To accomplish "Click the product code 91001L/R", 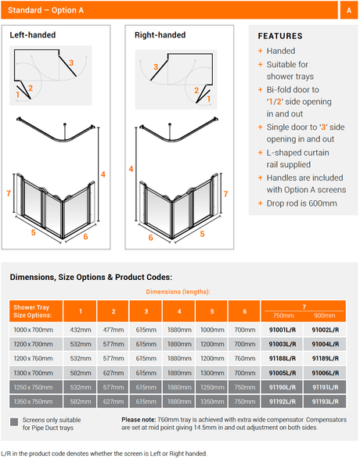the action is tap(283, 330).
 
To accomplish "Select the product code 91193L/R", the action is tap(326, 402).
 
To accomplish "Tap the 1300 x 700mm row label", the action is tap(34, 373).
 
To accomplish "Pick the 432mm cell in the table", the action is tap(81, 330).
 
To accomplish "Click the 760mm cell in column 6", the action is tap(244, 358).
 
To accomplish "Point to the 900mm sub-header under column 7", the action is tap(324, 316).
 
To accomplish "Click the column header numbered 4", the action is tap(179, 311).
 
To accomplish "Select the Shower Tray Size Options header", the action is tap(32, 311).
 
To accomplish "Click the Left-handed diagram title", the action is tap(33, 35).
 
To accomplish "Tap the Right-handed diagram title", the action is tap(160, 35).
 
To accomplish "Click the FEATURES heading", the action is tap(280, 36).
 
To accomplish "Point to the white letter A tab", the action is tap(349, 10).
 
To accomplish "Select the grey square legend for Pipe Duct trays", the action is tap(14, 422).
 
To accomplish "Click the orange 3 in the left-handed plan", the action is tap(71, 63).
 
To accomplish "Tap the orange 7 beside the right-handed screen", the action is tap(226, 194).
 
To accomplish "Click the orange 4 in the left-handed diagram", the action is tap(103, 174).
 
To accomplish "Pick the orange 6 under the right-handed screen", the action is tap(150, 238).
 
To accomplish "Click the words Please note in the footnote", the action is tap(139, 420).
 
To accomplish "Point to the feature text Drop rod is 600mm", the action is tap(301, 203).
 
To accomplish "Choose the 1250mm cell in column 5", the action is tap(212, 387).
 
